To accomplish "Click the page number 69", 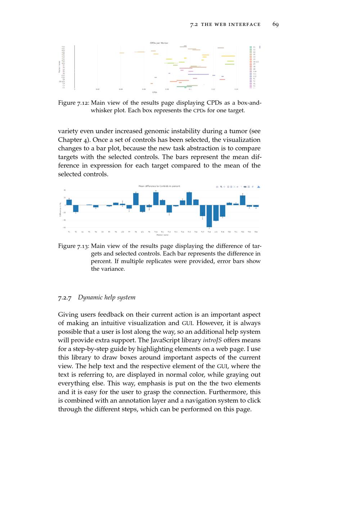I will (x=275, y=24).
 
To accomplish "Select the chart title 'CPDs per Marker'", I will (x=159, y=43).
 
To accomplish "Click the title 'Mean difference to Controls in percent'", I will (x=159, y=186).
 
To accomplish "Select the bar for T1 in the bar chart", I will (x=69, y=202).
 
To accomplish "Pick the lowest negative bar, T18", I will (x=209, y=216).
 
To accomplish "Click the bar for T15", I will (x=189, y=199).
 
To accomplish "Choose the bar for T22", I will (x=243, y=200).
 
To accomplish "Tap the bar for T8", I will (x=136, y=199).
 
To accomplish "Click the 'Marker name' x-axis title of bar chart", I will (x=162, y=235).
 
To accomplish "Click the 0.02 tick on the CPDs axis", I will (x=98, y=89).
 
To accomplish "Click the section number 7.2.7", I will (x=65, y=298).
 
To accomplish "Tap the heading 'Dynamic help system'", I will (x=107, y=297).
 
